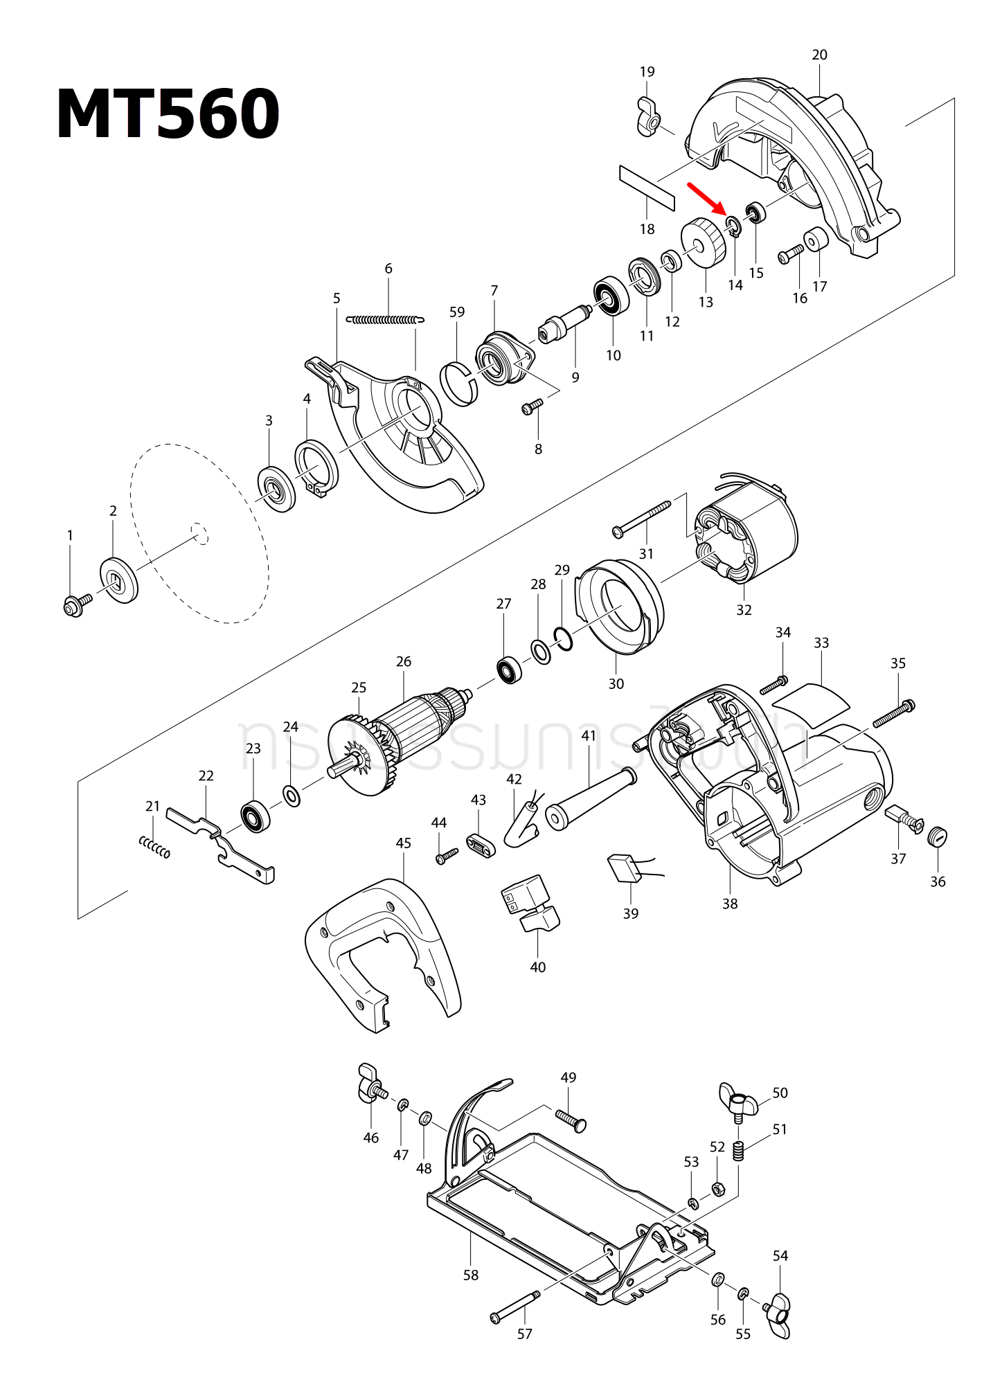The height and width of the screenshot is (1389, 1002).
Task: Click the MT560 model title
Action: click(x=168, y=115)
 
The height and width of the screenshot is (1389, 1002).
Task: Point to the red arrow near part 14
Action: click(x=706, y=199)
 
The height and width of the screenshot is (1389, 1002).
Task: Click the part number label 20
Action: click(x=819, y=55)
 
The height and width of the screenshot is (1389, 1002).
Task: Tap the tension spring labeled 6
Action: click(x=385, y=320)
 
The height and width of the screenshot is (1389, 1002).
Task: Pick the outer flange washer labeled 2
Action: click(x=119, y=580)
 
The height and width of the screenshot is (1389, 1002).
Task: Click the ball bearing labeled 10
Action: click(x=611, y=296)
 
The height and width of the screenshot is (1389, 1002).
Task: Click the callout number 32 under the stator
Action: click(x=744, y=610)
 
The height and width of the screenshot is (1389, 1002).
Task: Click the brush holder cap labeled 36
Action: click(x=938, y=836)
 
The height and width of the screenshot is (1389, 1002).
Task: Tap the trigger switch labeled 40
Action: click(x=530, y=904)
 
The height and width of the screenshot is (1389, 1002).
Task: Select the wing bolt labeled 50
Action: click(x=738, y=1100)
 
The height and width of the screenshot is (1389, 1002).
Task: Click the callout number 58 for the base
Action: click(x=471, y=1275)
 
